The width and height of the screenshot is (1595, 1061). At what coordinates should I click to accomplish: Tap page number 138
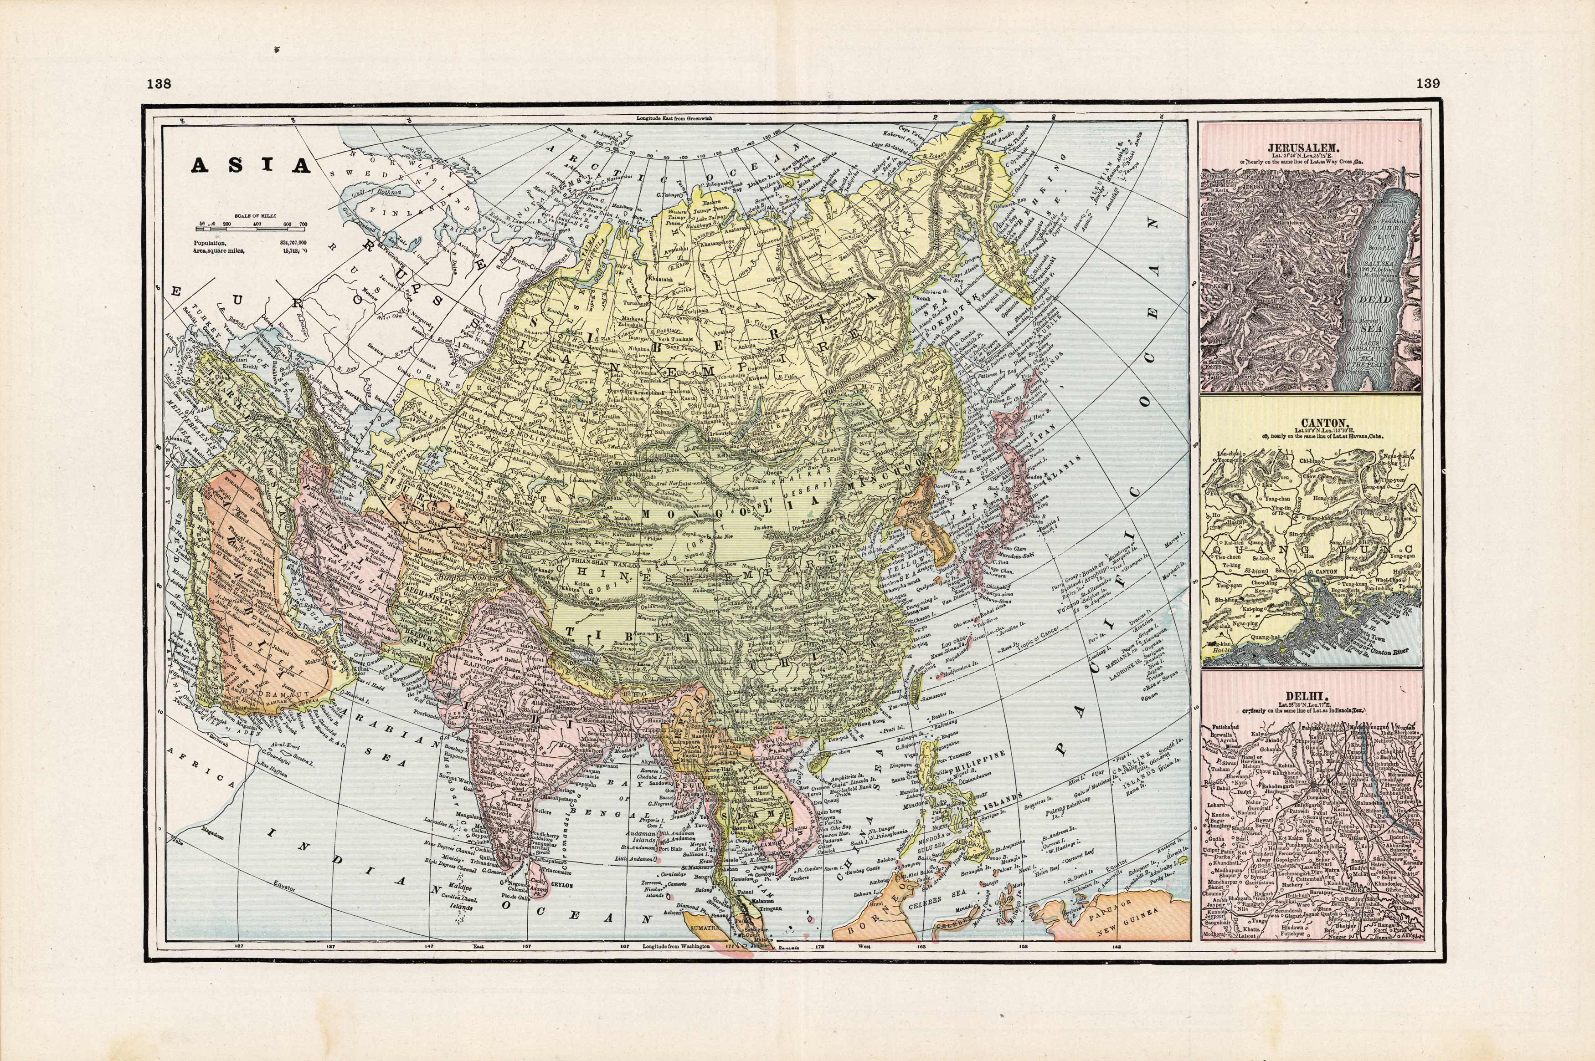[159, 84]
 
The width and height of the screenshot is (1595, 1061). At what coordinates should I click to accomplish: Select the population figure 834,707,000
[293, 241]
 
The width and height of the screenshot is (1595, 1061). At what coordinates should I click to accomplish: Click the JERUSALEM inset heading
[1312, 147]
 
